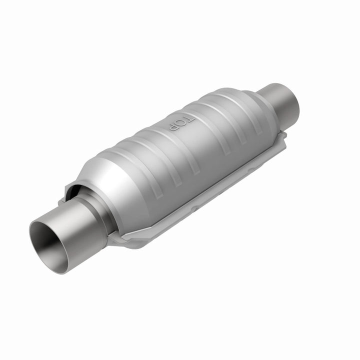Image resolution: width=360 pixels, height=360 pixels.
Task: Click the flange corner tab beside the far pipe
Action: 283,137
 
